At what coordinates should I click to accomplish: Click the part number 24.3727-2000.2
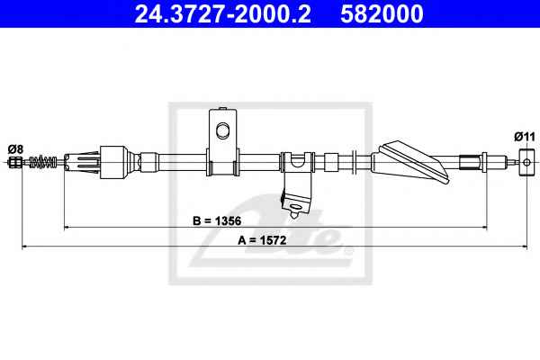coord(222,13)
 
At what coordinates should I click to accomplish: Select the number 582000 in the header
coord(382,13)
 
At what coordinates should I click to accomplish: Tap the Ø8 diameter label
coord(15,149)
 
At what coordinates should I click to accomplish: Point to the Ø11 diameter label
coord(525,137)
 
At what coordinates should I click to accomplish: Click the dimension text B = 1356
coord(217,220)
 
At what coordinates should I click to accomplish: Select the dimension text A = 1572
coord(262,240)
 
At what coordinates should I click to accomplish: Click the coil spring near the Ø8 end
coord(43,162)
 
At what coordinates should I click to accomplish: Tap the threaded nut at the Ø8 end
coord(14,162)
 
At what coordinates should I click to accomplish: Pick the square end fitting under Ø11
coord(526,162)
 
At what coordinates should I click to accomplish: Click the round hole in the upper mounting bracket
coord(223,130)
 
